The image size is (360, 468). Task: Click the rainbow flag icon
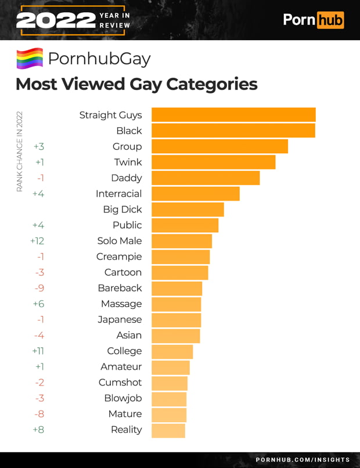pos(30,59)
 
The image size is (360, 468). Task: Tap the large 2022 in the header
pos(55,21)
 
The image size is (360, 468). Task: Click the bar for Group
pos(219,146)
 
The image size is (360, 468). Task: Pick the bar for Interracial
pos(195,193)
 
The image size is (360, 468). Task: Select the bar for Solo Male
pos(181,241)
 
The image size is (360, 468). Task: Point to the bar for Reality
pos(168,430)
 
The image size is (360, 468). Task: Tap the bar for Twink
pos(213,162)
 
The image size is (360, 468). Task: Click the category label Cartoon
pos(123,272)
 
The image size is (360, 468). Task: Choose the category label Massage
pos(121,304)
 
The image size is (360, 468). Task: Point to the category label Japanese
pos(120,319)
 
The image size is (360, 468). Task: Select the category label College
pos(124,351)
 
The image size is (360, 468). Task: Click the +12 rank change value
pos(37,241)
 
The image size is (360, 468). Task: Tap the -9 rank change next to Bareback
pos(39,288)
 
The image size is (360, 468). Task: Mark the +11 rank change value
pos(38,351)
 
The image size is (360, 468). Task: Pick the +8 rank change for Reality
pos(38,430)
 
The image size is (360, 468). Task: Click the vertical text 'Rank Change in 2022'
pos(19,151)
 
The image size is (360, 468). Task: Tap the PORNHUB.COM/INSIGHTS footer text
pos(303,460)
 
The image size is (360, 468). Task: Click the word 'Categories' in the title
pos(212,84)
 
